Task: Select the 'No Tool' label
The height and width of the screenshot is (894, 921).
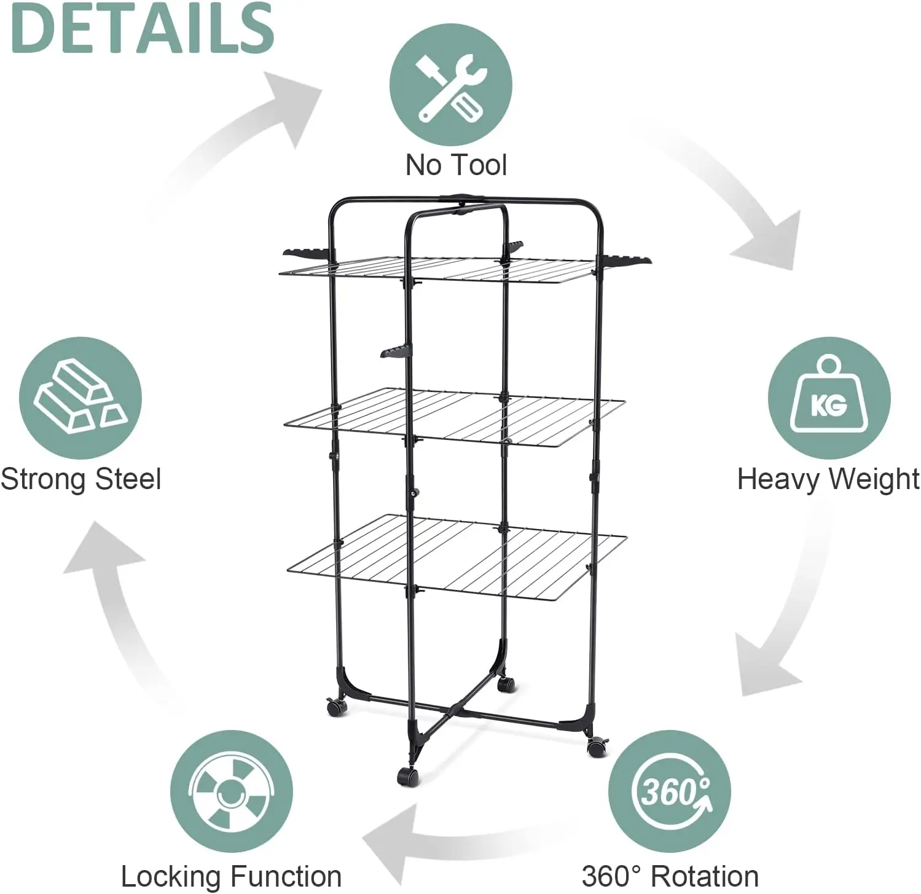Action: pyautogui.click(x=456, y=165)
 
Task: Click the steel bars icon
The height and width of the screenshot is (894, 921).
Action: pyautogui.click(x=80, y=398)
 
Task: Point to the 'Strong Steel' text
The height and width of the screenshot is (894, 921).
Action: pyautogui.click(x=81, y=479)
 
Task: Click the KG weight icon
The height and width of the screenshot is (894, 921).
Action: pyautogui.click(x=829, y=398)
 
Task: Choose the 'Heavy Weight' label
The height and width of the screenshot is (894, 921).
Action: pyautogui.click(x=828, y=479)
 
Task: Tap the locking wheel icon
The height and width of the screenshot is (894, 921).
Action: pyautogui.click(x=231, y=791)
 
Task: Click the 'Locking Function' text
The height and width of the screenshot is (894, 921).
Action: pyautogui.click(x=231, y=876)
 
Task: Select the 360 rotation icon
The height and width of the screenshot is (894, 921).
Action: pyautogui.click(x=670, y=791)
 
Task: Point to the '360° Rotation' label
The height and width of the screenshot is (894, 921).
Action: pyautogui.click(x=670, y=876)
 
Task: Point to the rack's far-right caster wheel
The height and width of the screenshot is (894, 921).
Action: pyautogui.click(x=595, y=748)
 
